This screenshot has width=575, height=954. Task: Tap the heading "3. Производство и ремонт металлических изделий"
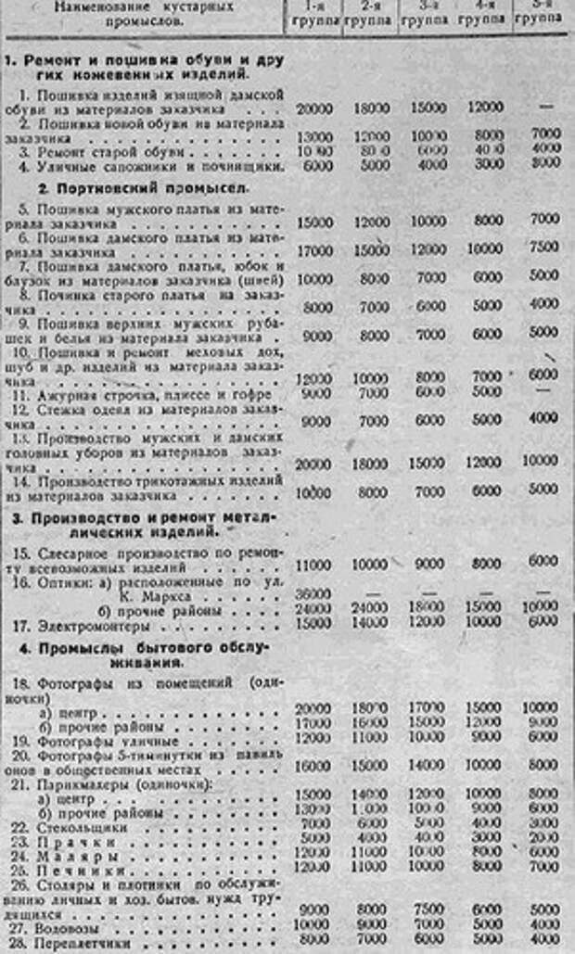148,525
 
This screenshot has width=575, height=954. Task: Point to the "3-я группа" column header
428,13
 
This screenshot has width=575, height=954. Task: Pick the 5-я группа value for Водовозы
543,925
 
